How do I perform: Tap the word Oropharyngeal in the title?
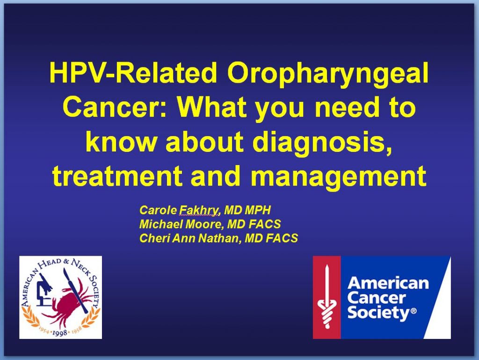(327, 75)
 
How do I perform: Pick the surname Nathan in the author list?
(220, 238)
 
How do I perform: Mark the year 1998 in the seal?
(60, 332)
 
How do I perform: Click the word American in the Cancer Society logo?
(388, 283)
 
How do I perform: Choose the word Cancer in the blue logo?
(377, 298)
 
